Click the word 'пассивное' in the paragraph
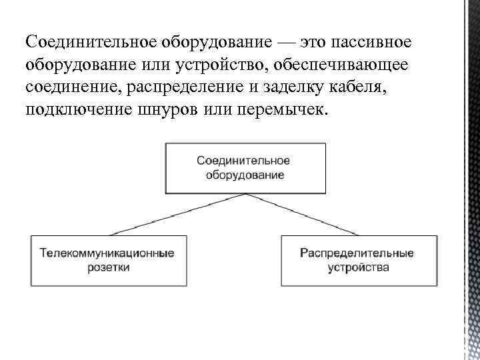(365, 42)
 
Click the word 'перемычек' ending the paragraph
(283, 109)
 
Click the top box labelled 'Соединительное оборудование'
(246, 167)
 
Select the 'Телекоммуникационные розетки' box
(108, 260)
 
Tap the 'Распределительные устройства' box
(359, 260)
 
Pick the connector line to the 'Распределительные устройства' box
(311, 214)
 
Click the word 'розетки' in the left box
(108, 267)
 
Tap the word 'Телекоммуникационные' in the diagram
(108, 253)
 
